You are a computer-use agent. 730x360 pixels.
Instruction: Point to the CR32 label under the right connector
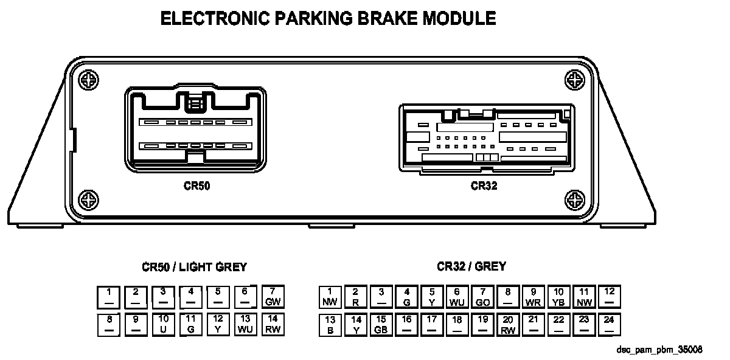click(x=484, y=186)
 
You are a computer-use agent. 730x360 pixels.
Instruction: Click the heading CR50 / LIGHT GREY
click(x=195, y=267)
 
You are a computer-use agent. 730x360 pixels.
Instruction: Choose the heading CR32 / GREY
click(x=471, y=266)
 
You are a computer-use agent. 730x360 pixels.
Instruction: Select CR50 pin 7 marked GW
click(x=272, y=297)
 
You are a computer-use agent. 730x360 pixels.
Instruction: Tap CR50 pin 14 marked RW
click(x=272, y=324)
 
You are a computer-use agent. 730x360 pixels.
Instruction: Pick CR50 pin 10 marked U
click(x=163, y=324)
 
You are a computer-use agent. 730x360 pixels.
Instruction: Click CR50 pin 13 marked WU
click(x=245, y=324)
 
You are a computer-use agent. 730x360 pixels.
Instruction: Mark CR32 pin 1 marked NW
click(x=329, y=297)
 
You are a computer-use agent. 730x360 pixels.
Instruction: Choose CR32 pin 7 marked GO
click(x=482, y=297)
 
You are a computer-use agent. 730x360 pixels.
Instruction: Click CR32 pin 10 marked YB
click(x=559, y=297)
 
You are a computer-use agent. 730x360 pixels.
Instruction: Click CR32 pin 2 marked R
click(x=355, y=297)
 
